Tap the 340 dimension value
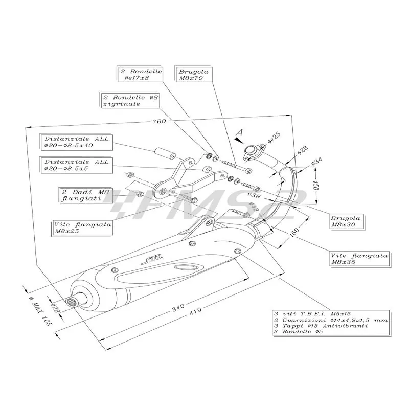tap(177, 309)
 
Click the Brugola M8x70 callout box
tap(194, 75)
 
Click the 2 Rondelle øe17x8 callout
tap(141, 75)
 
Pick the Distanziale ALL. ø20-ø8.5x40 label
tap(76, 142)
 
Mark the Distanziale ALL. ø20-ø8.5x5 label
tap(77, 165)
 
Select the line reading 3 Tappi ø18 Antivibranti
tap(312, 326)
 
